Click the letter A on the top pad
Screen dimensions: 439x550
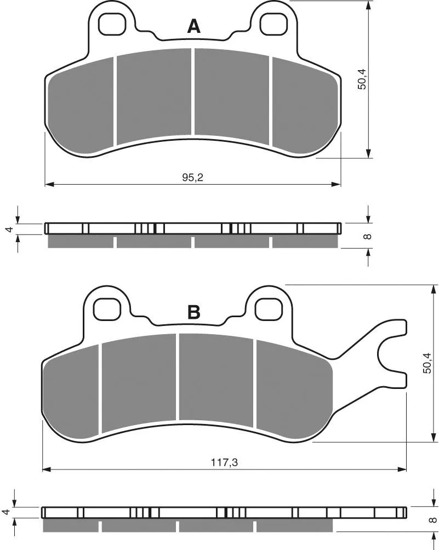coord(193,27)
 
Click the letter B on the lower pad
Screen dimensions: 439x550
coord(193,312)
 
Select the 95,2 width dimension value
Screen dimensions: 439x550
coord(193,177)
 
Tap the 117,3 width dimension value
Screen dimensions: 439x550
coord(224,463)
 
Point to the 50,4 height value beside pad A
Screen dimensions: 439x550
coord(361,79)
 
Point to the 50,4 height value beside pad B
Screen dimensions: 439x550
coord(427,363)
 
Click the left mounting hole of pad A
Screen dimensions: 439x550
coord(112,25)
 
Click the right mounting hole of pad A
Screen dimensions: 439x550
coord(273,25)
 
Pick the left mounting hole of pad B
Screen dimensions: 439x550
coord(107,309)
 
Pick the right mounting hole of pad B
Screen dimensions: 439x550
coord(269,309)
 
